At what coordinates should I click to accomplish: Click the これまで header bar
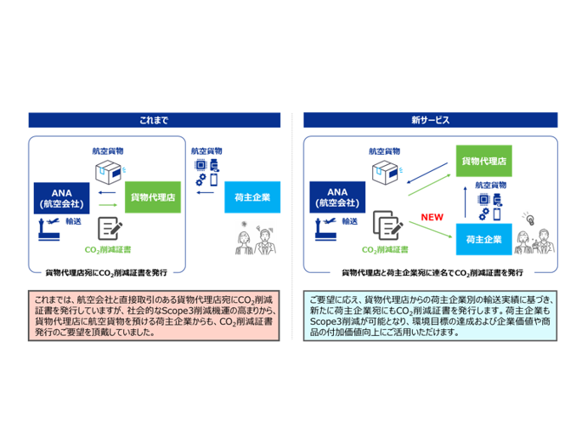pos(154,120)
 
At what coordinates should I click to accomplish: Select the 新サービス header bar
pos(429,120)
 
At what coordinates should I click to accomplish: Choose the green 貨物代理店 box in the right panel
pos(489,159)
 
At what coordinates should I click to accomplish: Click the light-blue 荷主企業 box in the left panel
pos(251,197)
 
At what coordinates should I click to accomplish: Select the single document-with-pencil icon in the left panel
pos(109,227)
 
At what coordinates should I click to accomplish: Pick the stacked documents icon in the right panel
pos(387,227)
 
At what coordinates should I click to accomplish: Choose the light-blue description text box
pos(429,316)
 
